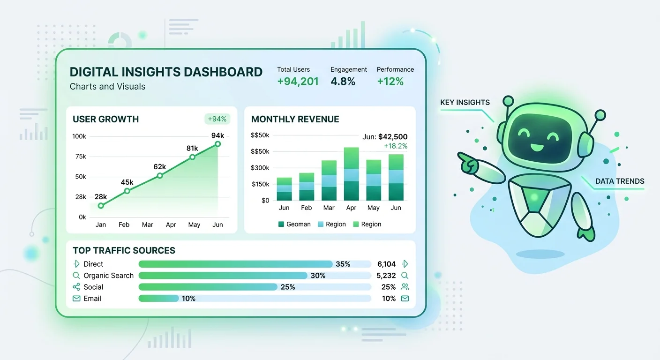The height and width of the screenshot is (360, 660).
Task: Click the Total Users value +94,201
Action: pos(298,82)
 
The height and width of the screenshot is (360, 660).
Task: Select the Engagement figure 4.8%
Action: pos(343,82)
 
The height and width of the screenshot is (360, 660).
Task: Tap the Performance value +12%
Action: pos(390,82)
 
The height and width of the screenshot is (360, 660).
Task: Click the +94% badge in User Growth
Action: pos(217,119)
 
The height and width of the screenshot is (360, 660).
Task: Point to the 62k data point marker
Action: pos(160,175)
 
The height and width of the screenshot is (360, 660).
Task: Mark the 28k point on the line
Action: pos(101,205)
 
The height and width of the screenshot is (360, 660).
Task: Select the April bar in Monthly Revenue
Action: pos(351,174)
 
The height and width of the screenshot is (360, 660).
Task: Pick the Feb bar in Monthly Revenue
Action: pos(307,187)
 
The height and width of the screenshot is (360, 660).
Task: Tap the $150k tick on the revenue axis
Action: pos(260,184)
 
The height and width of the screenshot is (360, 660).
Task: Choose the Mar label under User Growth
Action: pos(147,225)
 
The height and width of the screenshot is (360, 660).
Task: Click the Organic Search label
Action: pos(108,276)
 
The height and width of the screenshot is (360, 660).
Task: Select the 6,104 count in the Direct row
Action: pos(386,264)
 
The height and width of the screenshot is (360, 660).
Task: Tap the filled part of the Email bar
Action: pos(158,299)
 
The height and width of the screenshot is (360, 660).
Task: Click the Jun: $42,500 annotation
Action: pos(385,137)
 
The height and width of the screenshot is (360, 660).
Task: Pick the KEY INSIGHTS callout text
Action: pos(465,103)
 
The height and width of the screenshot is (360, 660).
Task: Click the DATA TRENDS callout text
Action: pos(620,181)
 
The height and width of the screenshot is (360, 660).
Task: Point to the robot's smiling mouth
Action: pos(537,148)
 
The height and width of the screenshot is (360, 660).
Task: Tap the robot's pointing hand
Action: pos(469,162)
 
